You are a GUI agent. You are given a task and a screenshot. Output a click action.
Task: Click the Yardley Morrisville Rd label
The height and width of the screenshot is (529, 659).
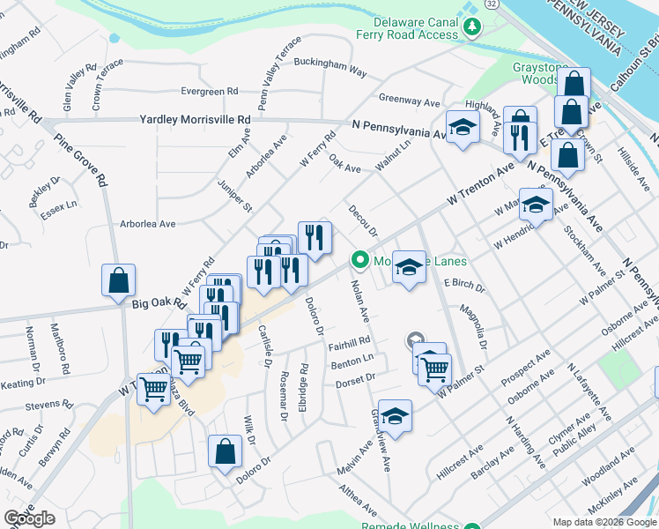[195, 120]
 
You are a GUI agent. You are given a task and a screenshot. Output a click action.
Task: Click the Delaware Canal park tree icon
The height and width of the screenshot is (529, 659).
[472, 27]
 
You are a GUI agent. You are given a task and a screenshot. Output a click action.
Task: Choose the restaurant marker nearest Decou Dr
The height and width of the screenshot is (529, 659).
[315, 237]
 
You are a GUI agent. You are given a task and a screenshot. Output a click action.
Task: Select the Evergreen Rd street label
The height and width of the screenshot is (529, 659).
[209, 91]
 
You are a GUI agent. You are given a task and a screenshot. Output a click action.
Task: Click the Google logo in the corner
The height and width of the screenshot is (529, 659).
[29, 518]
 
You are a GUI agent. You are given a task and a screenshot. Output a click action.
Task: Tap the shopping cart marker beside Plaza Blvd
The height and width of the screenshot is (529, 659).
[154, 388]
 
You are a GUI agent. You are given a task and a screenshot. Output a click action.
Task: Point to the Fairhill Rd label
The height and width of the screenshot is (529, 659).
[350, 342]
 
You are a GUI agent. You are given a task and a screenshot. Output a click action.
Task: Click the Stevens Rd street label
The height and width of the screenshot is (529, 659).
[48, 406]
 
